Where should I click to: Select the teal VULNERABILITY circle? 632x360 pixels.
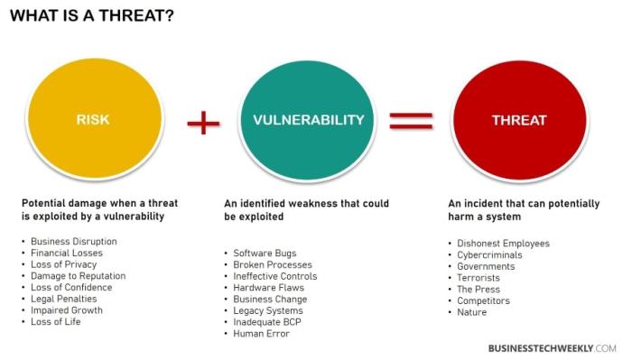click(x=308, y=119)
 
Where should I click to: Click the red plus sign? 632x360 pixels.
click(x=203, y=121)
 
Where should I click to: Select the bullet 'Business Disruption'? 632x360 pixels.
click(x=73, y=242)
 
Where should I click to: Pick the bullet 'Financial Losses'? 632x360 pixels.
click(x=68, y=254)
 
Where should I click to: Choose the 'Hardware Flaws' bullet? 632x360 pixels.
click(x=268, y=288)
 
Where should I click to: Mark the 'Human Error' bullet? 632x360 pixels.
click(x=261, y=334)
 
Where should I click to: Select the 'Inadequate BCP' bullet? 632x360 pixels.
click(x=269, y=322)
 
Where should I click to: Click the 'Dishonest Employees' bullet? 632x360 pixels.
click(x=503, y=244)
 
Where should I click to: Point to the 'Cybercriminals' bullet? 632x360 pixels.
click(x=489, y=255)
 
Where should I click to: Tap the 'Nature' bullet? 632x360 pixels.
click(x=472, y=312)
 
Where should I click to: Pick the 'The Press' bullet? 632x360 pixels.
click(x=479, y=290)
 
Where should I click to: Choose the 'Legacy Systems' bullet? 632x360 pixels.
click(x=268, y=310)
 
